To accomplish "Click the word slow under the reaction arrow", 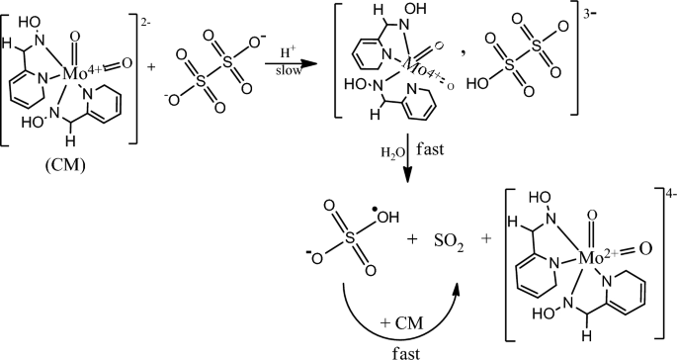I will [x=286, y=78].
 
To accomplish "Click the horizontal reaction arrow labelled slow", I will [x=288, y=65].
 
